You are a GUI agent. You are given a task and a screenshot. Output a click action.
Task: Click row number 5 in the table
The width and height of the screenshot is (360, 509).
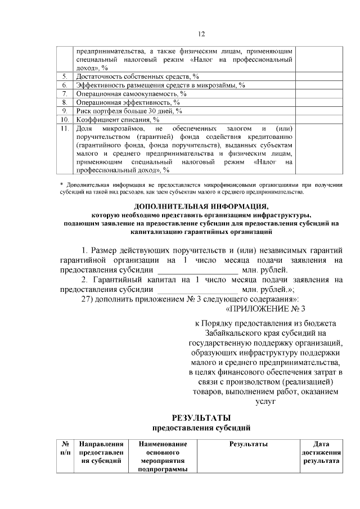click(65, 76)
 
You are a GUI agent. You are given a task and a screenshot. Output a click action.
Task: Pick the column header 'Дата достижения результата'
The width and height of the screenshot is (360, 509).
click(321, 452)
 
